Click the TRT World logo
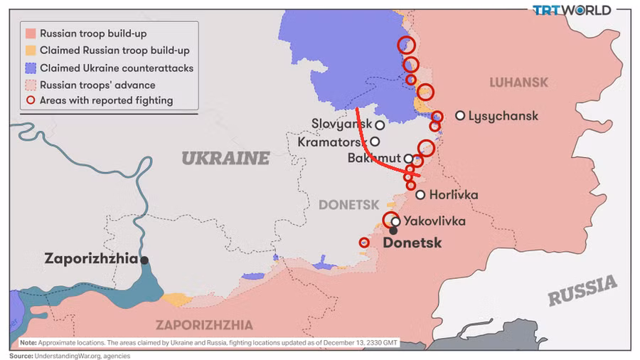(x=572, y=10)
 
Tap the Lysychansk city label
(x=503, y=116)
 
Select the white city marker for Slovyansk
(x=380, y=125)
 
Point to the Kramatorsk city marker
(x=374, y=142)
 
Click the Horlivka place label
(x=454, y=195)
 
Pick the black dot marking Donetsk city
(x=393, y=231)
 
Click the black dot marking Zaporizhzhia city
(x=145, y=260)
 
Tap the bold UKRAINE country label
(x=225, y=158)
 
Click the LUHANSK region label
(x=518, y=83)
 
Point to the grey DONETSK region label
(x=348, y=204)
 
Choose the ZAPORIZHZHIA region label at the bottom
(x=204, y=325)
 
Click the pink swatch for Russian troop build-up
(x=30, y=33)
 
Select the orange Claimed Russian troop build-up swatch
(x=30, y=51)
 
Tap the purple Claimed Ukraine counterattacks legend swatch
(x=30, y=68)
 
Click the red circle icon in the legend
(x=30, y=101)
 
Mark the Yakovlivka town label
(x=434, y=221)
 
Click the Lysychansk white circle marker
(x=461, y=115)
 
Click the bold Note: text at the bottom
(x=28, y=342)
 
